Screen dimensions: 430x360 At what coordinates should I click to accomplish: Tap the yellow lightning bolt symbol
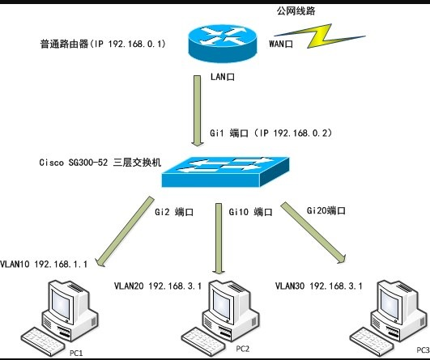(x=320, y=36)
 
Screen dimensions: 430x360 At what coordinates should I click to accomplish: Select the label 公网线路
(x=296, y=11)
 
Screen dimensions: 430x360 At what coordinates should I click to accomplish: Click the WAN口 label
(x=281, y=44)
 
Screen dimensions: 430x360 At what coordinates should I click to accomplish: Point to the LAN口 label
(x=223, y=77)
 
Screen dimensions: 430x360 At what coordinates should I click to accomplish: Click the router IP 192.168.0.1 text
(x=103, y=44)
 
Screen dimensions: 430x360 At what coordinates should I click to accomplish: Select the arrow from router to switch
(x=198, y=111)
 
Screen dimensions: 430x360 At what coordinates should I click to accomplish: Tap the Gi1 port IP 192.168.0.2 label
(x=271, y=133)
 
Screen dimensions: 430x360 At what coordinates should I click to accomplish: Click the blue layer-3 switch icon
(x=225, y=172)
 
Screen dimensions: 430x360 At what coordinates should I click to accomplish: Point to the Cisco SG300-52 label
(x=100, y=163)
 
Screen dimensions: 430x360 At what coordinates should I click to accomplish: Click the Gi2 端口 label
(x=174, y=212)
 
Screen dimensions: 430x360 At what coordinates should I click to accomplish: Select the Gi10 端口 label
(x=251, y=212)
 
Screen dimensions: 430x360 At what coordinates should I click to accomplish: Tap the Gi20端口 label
(x=326, y=210)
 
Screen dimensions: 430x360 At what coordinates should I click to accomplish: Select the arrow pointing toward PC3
(x=313, y=233)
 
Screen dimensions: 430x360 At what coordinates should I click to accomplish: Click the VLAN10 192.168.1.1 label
(x=44, y=264)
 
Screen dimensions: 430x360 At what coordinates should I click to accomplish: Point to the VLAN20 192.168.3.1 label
(x=158, y=286)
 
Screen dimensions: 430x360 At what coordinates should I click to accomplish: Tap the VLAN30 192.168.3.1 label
(x=319, y=286)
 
